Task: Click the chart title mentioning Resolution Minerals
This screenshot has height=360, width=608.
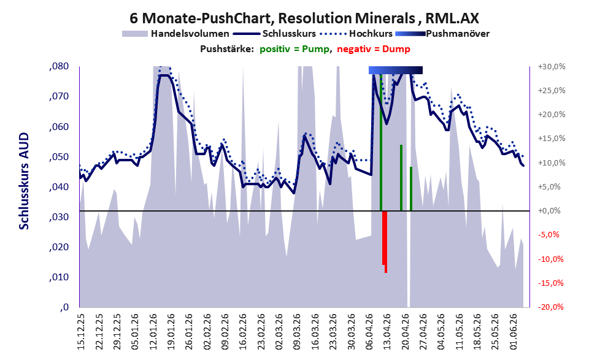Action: click(x=304, y=18)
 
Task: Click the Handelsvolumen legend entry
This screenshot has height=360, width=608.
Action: click(x=175, y=34)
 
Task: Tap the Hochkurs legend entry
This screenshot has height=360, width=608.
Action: click(x=356, y=34)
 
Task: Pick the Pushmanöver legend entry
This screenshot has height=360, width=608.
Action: click(x=442, y=34)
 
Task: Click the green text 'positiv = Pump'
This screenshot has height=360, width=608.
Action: click(x=294, y=49)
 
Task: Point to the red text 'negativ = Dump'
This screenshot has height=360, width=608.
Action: click(x=374, y=49)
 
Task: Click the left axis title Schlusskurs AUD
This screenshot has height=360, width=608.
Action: click(x=24, y=181)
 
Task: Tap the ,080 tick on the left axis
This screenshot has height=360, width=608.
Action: click(x=59, y=66)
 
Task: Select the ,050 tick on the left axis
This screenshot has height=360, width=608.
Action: click(x=59, y=157)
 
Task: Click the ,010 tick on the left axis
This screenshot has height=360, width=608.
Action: click(x=59, y=277)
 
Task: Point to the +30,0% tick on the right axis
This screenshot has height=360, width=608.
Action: click(x=552, y=67)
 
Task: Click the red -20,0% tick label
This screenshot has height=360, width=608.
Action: click(x=551, y=307)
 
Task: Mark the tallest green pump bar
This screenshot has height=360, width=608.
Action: click(x=381, y=142)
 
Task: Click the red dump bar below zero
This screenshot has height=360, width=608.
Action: click(x=385, y=242)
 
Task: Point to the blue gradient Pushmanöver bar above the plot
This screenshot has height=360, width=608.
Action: click(x=396, y=70)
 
